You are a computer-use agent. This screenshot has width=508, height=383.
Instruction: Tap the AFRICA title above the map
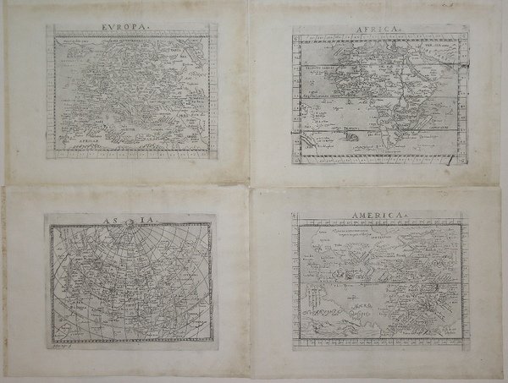[x=371, y=28]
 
